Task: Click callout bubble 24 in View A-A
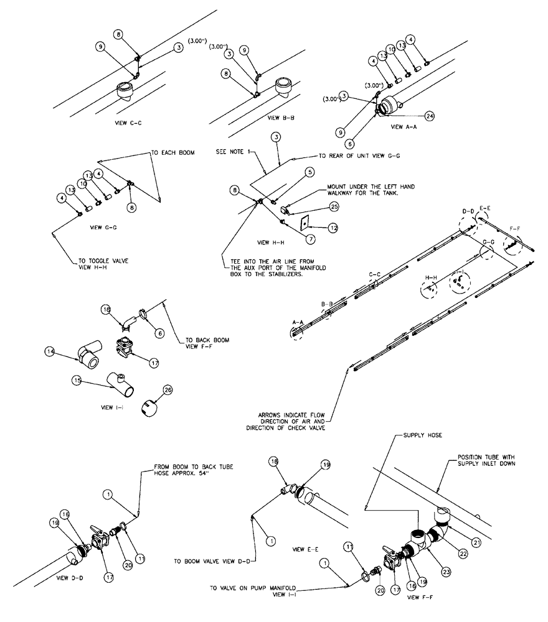click(x=429, y=116)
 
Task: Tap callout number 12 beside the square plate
click(x=334, y=228)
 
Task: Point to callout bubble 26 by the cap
click(x=167, y=390)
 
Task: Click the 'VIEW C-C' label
click(x=130, y=123)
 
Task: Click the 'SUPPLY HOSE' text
click(x=423, y=435)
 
